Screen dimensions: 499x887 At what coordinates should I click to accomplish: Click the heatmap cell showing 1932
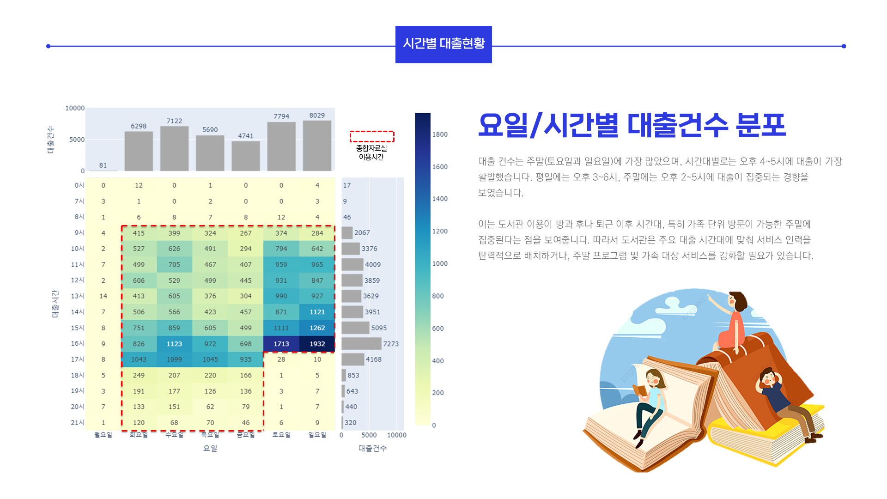tap(317, 344)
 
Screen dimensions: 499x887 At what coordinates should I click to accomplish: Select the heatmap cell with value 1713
tap(281, 344)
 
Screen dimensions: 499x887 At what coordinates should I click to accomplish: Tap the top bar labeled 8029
tap(317, 146)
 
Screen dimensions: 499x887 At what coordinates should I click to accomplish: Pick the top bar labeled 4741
tap(246, 156)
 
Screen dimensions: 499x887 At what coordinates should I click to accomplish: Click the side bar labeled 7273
tap(361, 344)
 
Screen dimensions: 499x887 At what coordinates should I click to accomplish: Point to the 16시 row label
tap(78, 343)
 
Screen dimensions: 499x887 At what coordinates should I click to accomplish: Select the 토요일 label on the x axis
tap(281, 435)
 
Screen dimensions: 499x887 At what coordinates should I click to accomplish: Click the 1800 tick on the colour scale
tap(440, 134)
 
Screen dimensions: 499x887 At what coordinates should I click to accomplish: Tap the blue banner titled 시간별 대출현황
tap(443, 44)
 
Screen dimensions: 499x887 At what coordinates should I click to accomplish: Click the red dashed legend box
tap(372, 136)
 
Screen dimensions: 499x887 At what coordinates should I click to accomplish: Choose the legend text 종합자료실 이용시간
tap(371, 152)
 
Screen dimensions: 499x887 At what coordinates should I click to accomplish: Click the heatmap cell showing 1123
tap(174, 344)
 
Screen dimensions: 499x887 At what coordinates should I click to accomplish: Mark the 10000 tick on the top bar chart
tap(75, 108)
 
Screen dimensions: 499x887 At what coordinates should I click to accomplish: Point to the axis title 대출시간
tap(55, 304)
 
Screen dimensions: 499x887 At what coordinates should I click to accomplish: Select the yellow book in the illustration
tap(767, 439)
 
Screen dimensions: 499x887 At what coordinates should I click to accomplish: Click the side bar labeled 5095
tap(355, 328)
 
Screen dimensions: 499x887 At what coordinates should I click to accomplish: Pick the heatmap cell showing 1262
tap(317, 328)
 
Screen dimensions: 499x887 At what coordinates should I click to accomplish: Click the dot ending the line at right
tap(844, 46)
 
